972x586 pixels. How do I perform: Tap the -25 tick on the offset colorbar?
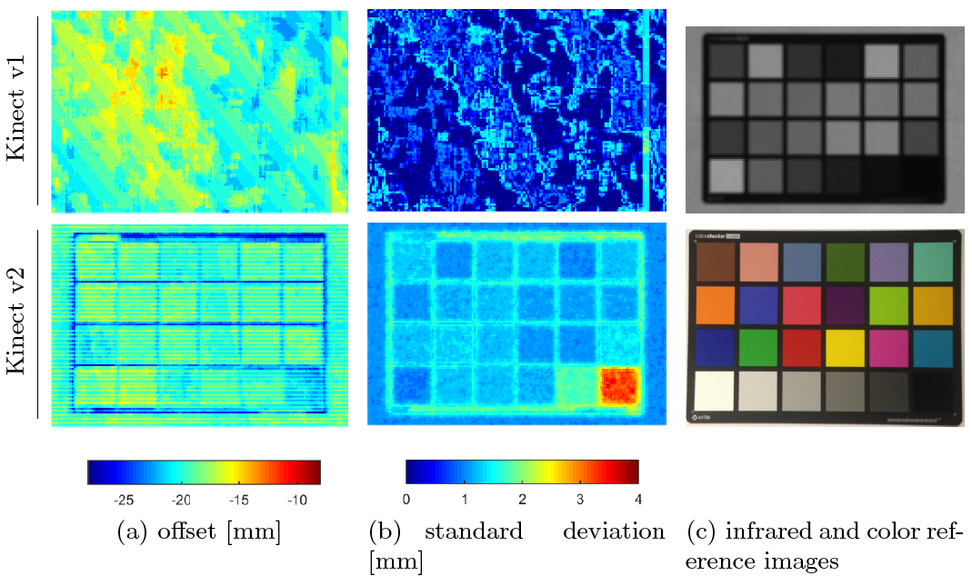click(124, 499)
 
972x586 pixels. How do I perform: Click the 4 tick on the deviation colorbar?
click(637, 499)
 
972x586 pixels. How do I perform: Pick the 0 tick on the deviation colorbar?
click(406, 499)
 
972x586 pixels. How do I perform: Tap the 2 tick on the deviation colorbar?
click(522, 499)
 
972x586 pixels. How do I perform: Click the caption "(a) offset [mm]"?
click(199, 532)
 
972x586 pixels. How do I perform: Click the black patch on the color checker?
click(932, 391)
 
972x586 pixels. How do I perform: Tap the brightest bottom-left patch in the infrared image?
click(726, 175)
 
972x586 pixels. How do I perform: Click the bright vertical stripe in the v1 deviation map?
click(645, 109)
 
